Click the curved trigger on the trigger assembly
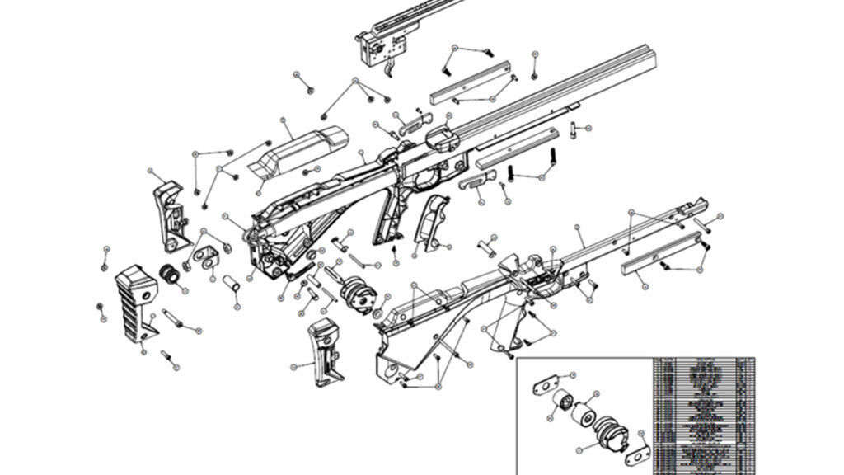click(389, 68)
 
